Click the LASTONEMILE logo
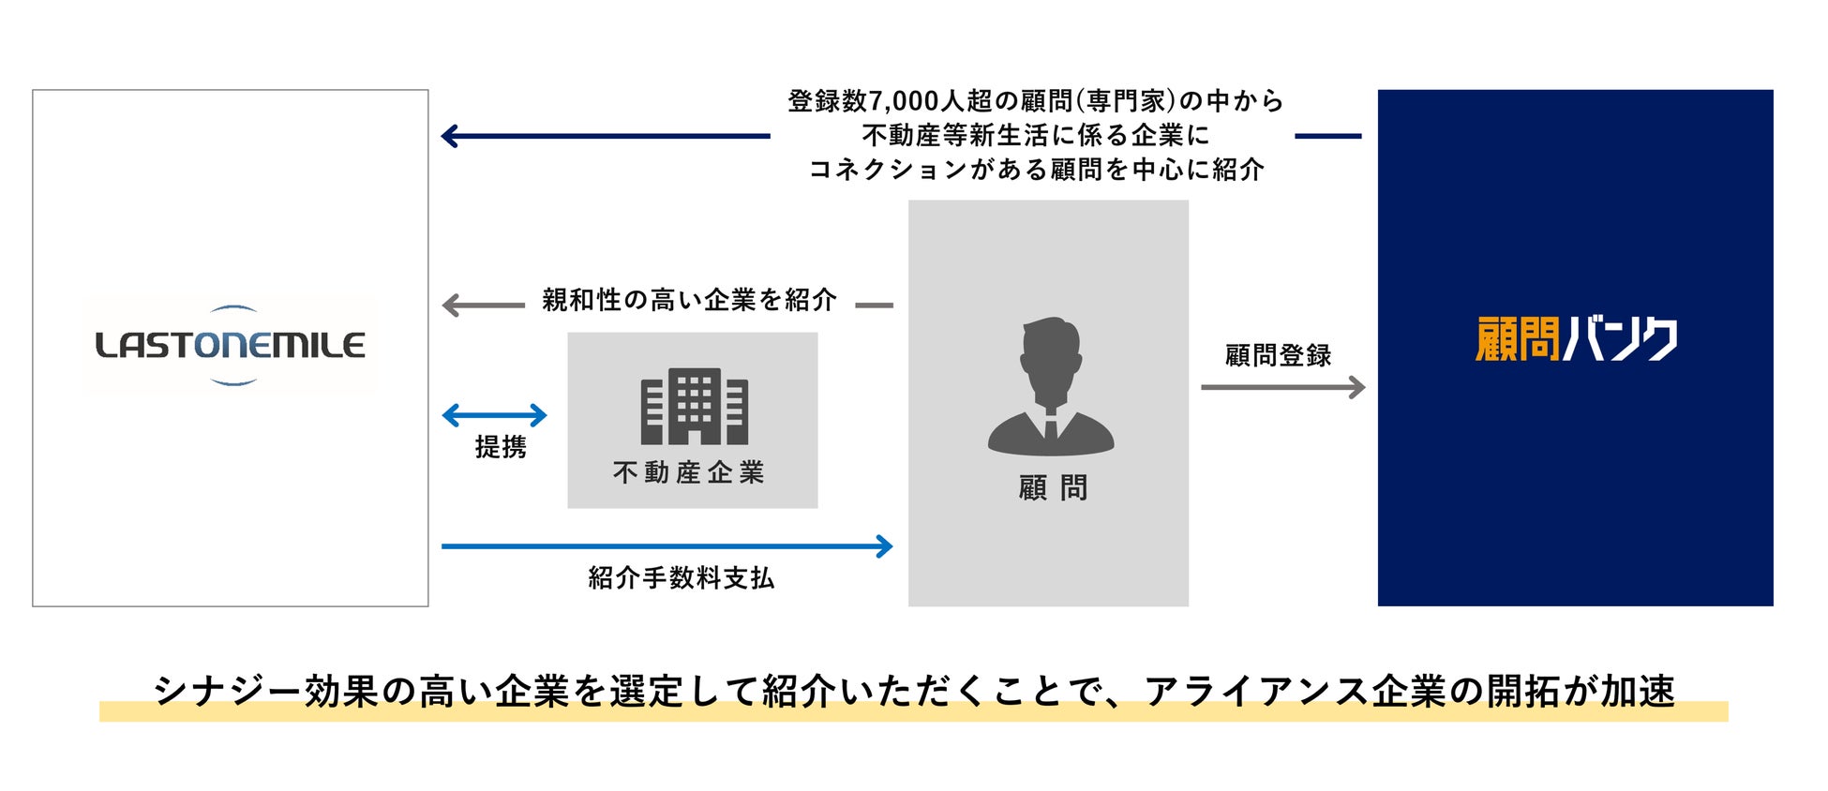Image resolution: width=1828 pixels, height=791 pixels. click(x=230, y=345)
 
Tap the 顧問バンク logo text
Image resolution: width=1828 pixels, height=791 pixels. click(x=1576, y=339)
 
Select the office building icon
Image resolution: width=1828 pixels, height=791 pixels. click(x=694, y=407)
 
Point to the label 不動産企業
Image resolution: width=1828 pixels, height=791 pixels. click(x=689, y=472)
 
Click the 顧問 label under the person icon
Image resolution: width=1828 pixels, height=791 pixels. click(x=1053, y=487)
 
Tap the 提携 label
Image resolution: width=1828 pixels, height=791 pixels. click(x=501, y=447)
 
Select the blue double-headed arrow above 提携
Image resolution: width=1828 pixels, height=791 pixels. click(x=494, y=414)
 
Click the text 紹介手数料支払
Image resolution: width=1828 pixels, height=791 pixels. click(x=682, y=578)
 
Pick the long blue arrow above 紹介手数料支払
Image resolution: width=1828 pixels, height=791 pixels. click(x=667, y=545)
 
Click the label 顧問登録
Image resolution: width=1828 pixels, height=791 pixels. click(x=1278, y=355)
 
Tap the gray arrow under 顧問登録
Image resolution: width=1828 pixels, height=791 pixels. click(x=1282, y=386)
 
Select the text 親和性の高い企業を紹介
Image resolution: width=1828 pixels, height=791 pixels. click(x=689, y=300)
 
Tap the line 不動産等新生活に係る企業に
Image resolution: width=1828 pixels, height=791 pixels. click(x=1035, y=136)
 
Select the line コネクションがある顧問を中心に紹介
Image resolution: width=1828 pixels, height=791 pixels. click(x=1035, y=170)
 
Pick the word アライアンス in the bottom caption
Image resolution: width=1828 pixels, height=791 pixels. click(x=1255, y=691)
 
